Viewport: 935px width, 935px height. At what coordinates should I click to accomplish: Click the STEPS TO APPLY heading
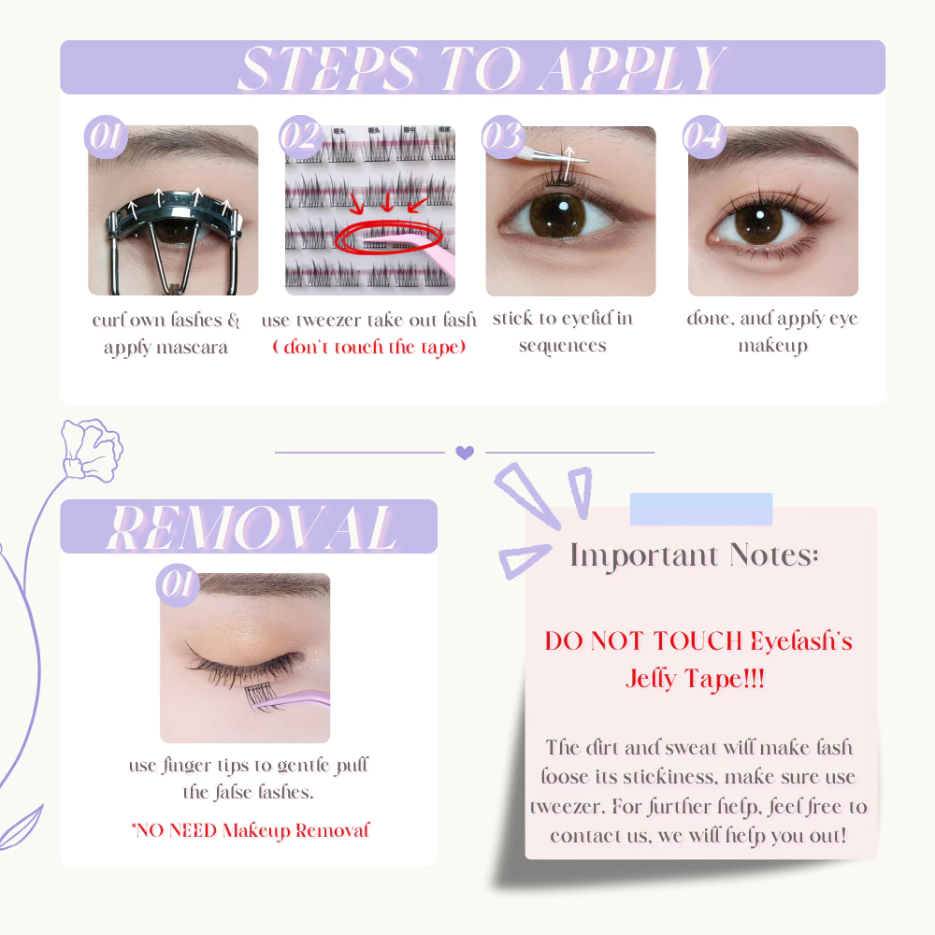(482, 68)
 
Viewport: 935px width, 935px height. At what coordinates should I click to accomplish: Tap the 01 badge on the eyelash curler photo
(107, 137)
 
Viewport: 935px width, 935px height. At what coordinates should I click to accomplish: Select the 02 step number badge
(301, 137)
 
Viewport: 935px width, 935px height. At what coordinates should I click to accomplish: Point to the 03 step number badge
(503, 137)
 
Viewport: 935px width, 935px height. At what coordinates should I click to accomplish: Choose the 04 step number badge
(704, 137)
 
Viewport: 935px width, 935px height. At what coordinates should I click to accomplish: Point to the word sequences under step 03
(562, 346)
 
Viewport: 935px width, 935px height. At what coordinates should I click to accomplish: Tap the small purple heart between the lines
(465, 453)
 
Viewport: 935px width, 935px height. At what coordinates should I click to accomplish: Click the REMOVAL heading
(252, 527)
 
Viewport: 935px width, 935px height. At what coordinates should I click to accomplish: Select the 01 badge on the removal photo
(178, 585)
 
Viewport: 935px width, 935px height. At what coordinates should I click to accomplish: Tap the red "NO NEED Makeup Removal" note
(251, 830)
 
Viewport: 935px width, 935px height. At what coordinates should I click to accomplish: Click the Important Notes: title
(694, 555)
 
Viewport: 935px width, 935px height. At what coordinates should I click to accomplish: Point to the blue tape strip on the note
(701, 510)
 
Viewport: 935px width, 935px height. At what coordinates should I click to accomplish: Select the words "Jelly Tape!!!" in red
(696, 679)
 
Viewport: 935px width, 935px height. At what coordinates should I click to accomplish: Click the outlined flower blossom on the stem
(92, 450)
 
